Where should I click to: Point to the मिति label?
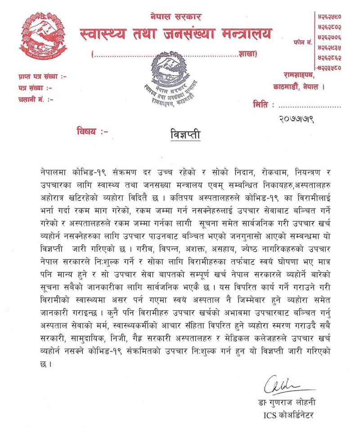[263, 105]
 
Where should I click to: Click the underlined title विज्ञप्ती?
[184, 134]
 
